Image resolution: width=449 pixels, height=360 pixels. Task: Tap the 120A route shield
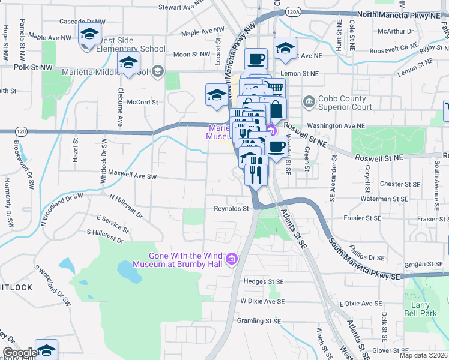pyautogui.click(x=292, y=11)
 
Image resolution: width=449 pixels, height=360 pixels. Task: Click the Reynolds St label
pyautogui.click(x=231, y=209)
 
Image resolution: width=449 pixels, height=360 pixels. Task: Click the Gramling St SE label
pyautogui.click(x=261, y=320)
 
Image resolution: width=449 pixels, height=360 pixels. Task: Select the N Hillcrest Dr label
pyautogui.click(x=126, y=205)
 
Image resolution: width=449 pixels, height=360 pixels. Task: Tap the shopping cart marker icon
pyautogui.click(x=275, y=88)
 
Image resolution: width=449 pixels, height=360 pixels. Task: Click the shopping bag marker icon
pyautogui.click(x=276, y=110)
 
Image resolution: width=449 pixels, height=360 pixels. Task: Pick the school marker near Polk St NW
pyautogui.click(x=128, y=62)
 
